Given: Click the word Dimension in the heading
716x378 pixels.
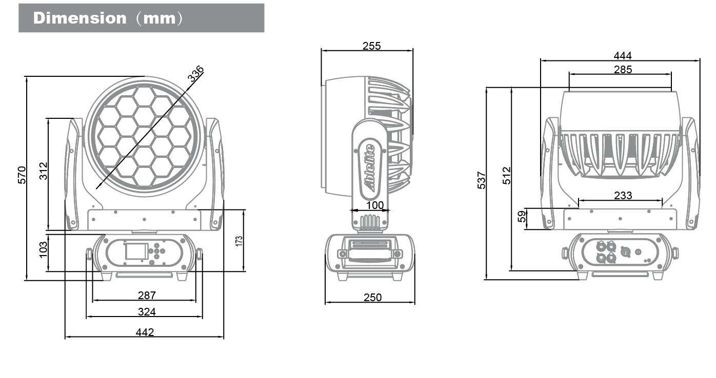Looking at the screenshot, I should pyautogui.click(x=79, y=18).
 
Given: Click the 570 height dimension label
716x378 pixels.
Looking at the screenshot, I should pyautogui.click(x=22, y=176).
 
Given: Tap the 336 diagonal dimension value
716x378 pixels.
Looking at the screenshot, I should pyautogui.click(x=195, y=74).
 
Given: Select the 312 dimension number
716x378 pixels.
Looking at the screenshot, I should pyautogui.click(x=44, y=171).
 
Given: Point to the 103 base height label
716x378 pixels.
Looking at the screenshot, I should pyautogui.click(x=44, y=249).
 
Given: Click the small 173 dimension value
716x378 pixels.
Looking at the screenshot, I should pyautogui.click(x=239, y=241).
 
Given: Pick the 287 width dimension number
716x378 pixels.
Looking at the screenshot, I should pyautogui.click(x=147, y=296).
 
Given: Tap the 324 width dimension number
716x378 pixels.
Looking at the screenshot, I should pyautogui.click(x=147, y=311).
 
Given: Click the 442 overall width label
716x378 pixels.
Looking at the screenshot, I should pyautogui.click(x=145, y=332).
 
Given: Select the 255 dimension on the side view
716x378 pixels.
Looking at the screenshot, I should pyautogui.click(x=371, y=46).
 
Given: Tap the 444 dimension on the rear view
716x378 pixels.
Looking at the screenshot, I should pyautogui.click(x=623, y=56).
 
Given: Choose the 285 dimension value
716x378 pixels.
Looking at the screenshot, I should pyautogui.click(x=623, y=69).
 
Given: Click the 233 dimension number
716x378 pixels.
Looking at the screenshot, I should pyautogui.click(x=623, y=195).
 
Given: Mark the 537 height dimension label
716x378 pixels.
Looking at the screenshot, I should pyautogui.click(x=482, y=180).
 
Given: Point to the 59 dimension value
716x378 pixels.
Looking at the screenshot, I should pyautogui.click(x=522, y=217).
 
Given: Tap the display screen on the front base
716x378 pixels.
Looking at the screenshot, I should pyautogui.click(x=135, y=251).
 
